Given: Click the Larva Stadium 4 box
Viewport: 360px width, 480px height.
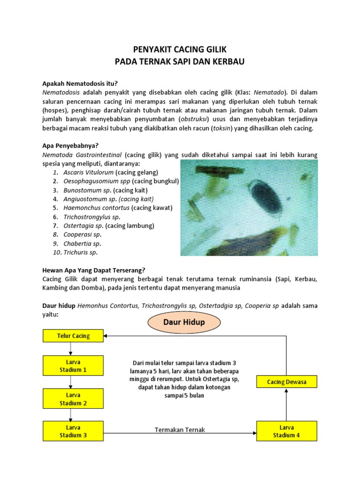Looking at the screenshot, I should point(286,431).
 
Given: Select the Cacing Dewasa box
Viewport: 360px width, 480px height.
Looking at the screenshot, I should point(286,382).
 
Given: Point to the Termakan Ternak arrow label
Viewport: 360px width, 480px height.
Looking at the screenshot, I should point(180,430).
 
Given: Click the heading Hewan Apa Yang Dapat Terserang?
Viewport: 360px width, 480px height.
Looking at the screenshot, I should point(94,270).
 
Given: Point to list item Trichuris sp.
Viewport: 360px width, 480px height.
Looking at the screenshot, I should point(80,252).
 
